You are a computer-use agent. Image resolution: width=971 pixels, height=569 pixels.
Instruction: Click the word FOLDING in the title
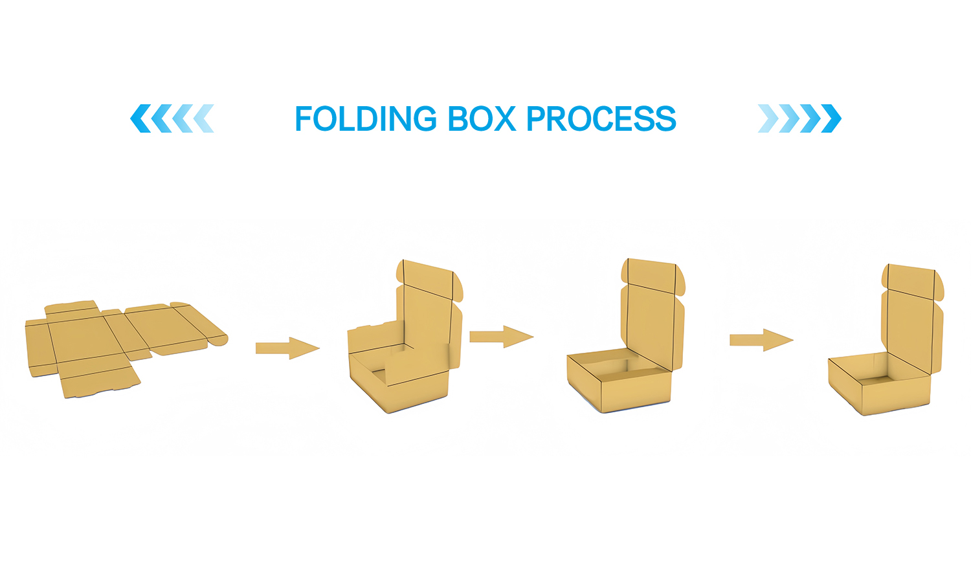tap(366, 118)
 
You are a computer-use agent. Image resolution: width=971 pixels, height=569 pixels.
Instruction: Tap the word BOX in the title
tap(482, 118)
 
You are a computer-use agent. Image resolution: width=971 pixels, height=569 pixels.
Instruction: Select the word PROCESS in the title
tap(601, 118)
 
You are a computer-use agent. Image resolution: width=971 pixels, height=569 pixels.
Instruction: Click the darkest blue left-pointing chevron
tap(140, 118)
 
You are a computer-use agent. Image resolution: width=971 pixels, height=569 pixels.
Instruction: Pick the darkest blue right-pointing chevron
tap(831, 118)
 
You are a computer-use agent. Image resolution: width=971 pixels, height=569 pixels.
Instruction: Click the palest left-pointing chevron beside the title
tap(203, 118)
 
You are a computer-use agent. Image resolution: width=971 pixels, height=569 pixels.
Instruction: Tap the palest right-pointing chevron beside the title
tap(768, 118)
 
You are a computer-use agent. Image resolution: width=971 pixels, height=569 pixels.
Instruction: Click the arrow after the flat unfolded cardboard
tap(287, 348)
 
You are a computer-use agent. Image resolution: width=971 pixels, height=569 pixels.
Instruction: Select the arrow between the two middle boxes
tap(502, 337)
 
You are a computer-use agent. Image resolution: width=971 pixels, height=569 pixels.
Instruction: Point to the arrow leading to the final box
tap(762, 340)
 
